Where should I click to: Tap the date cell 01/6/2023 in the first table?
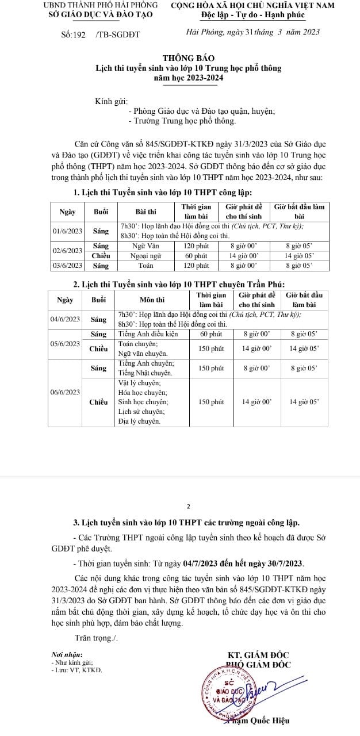tap(67, 231)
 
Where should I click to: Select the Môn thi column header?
tap(152, 300)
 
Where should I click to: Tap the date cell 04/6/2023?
tap(65, 319)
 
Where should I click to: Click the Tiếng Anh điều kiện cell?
tap(145, 333)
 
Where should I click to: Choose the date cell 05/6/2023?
tap(65, 344)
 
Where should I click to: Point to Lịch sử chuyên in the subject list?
tap(141, 412)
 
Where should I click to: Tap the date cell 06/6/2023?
tap(65, 392)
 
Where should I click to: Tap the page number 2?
tap(188, 507)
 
